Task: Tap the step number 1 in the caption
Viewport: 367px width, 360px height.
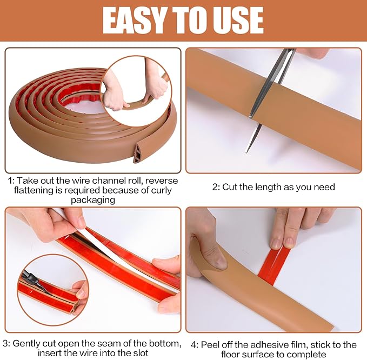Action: pyautogui.click(x=9, y=181)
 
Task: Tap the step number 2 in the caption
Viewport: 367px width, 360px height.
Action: pyautogui.click(x=215, y=187)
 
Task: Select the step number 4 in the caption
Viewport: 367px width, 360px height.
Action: pyautogui.click(x=193, y=344)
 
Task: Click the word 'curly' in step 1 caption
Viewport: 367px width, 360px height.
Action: pyautogui.click(x=159, y=190)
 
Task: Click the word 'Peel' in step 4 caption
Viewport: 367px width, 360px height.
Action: pyautogui.click(x=209, y=344)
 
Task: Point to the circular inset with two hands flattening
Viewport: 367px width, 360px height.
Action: pyautogui.click(x=136, y=86)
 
